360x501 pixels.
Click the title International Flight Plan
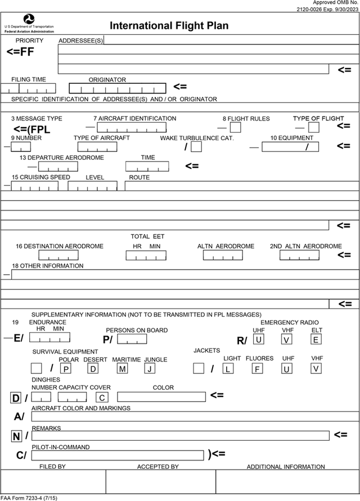(x=169, y=26)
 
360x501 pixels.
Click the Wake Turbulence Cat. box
(x=196, y=147)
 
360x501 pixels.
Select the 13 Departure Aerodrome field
(x=58, y=167)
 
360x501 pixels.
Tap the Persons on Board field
(x=132, y=339)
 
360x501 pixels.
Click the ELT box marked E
(x=316, y=339)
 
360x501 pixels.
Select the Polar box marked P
(x=66, y=369)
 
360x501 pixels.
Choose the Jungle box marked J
(x=149, y=369)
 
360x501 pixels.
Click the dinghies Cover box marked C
(x=102, y=397)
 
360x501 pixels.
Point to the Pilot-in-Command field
(x=118, y=454)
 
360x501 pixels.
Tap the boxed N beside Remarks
(x=16, y=436)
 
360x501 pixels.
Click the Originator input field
(x=118, y=88)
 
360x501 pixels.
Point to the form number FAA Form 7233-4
(x=29, y=498)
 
